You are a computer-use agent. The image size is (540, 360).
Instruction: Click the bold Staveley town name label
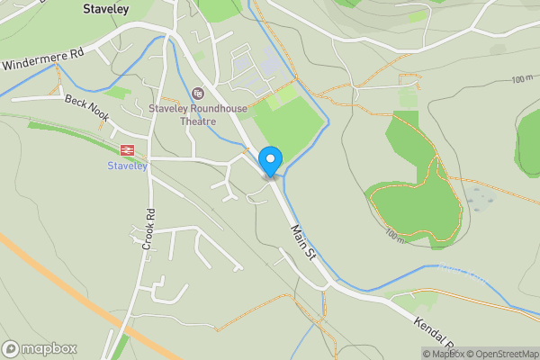(x=105, y=8)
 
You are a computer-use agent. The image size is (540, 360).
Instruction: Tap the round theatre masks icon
(x=198, y=92)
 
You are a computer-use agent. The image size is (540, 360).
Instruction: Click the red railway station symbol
(x=127, y=151)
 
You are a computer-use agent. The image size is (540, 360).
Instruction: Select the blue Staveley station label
(x=127, y=166)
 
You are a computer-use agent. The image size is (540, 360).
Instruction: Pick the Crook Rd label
(x=149, y=229)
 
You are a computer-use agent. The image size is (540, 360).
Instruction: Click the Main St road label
(x=304, y=243)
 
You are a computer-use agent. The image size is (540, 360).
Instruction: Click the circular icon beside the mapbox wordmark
(x=12, y=349)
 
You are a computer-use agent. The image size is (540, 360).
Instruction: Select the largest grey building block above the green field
(x=243, y=65)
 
